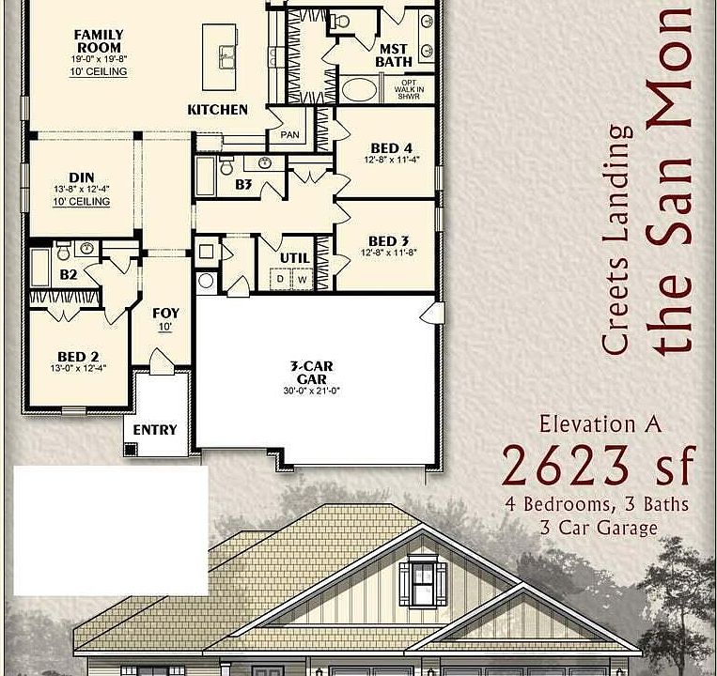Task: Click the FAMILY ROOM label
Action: [x=99, y=41]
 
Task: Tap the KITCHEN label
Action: [x=218, y=110]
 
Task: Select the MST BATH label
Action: [x=394, y=55]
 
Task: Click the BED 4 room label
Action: [x=391, y=148]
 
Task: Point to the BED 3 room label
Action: [x=389, y=241]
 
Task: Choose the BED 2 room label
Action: [x=78, y=357]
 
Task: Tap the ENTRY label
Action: [x=155, y=430]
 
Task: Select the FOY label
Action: [x=165, y=314]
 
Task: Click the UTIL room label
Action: [x=295, y=258]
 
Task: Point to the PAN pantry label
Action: [x=289, y=135]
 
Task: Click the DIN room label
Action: [x=82, y=177]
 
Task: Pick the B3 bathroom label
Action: [x=243, y=185]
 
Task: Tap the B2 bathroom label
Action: [x=68, y=275]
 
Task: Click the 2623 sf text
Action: [x=599, y=464]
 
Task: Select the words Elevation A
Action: [x=600, y=423]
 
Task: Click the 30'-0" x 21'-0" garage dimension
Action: [x=311, y=391]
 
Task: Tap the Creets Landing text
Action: [x=617, y=240]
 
